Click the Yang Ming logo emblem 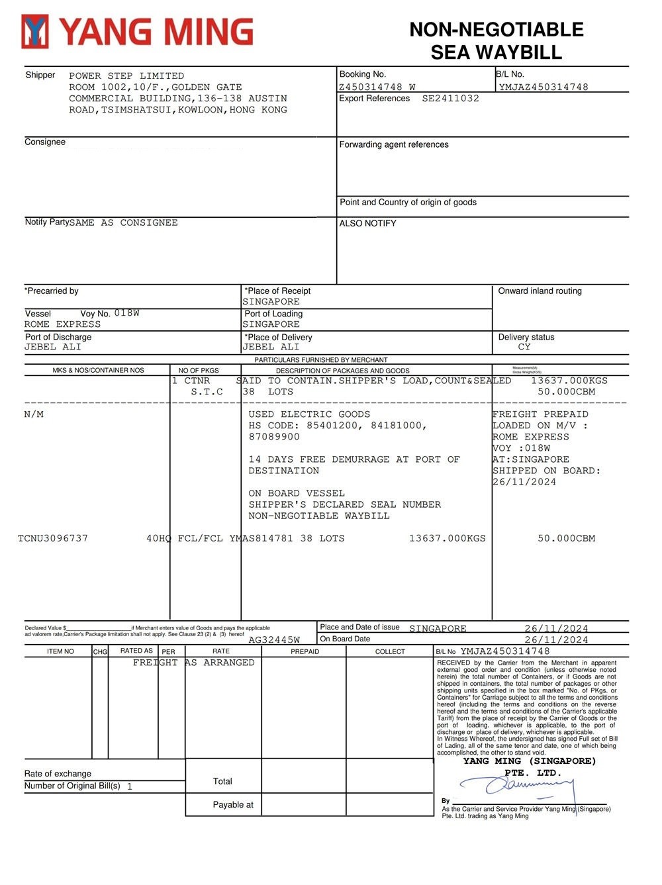pos(36,32)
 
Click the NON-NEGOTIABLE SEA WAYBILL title pos(496,40)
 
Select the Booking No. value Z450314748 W pos(377,87)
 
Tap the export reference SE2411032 pos(450,99)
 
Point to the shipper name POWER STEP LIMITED pos(126,76)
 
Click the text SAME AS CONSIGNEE pos(123,223)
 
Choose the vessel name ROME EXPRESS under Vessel pos(63,324)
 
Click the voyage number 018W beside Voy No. pos(126,313)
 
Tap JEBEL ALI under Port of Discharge pos(53,347)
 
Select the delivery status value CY pos(524,347)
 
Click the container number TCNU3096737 pos(53,538)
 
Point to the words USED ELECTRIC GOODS pos(309,414)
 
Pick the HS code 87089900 pos(274,437)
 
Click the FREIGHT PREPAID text pos(540,414)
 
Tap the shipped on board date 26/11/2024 pos(524,482)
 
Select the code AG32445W pos(274,640)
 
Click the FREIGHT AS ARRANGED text pos(193,663)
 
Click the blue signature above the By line pos(523,786)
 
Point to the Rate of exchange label pos(58,774)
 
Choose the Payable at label pos(233,805)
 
